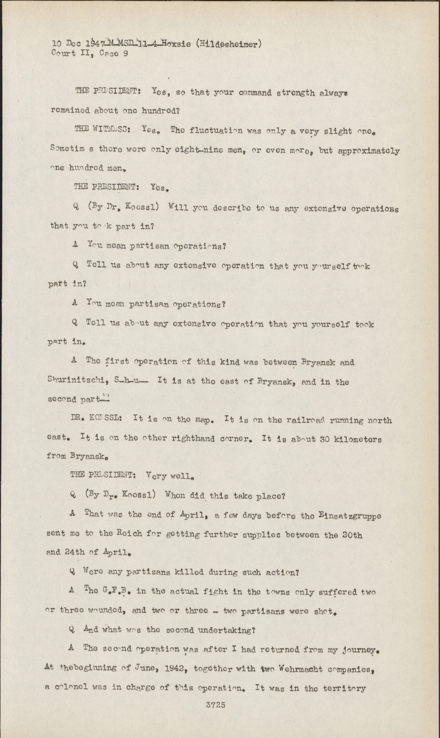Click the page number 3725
215,705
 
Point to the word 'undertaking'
225,631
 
